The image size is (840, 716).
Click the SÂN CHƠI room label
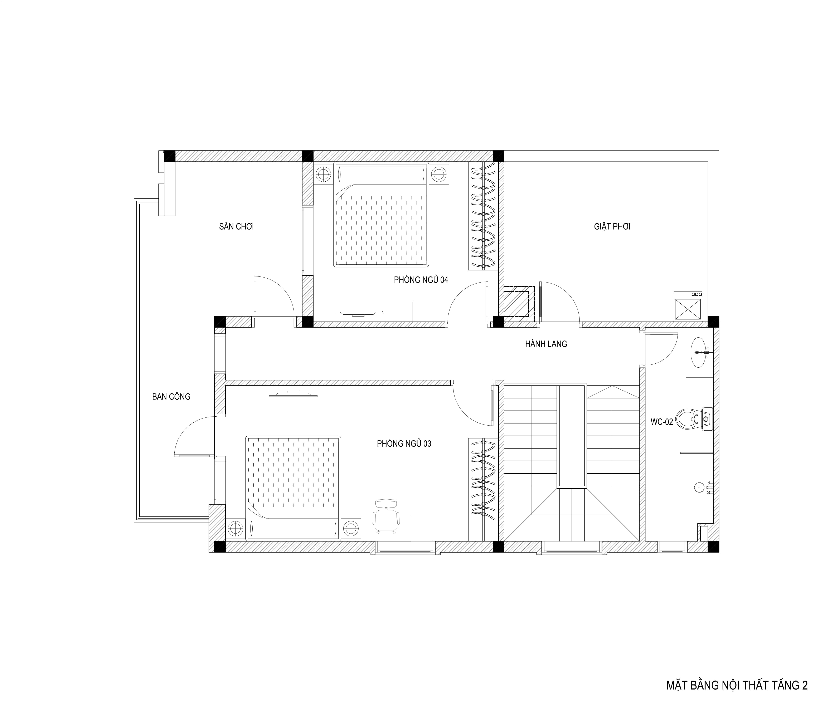tap(236, 226)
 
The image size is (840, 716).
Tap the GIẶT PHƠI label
tap(612, 226)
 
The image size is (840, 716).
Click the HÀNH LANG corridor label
tap(546, 344)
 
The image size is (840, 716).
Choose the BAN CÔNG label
tap(171, 397)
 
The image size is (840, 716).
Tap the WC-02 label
tap(662, 422)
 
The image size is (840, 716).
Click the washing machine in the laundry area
tap(688, 306)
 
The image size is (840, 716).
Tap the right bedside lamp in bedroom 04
tap(438, 174)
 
